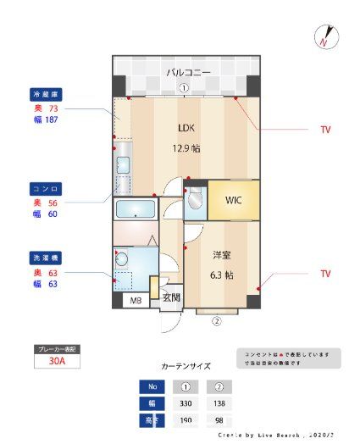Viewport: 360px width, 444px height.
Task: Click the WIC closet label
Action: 233,201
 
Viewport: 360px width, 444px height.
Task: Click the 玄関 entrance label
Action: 171,297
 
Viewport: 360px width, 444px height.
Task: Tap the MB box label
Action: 136,301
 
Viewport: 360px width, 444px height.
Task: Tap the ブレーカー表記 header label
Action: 58,348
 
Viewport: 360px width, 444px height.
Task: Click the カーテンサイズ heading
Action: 186,366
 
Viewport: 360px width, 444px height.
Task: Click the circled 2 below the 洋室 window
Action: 216,321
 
